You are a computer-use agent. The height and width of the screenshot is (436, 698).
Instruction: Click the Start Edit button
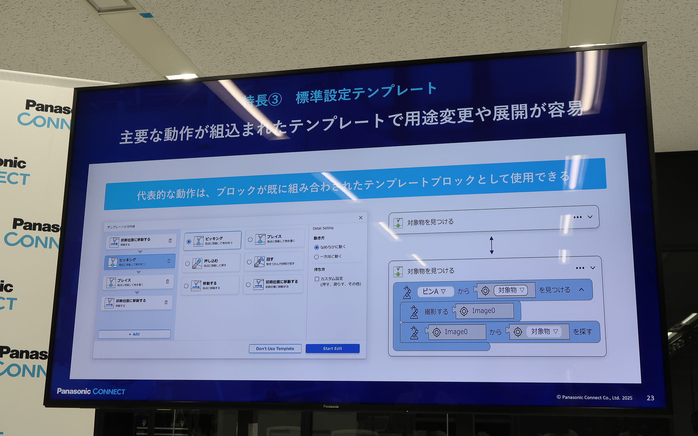click(x=332, y=348)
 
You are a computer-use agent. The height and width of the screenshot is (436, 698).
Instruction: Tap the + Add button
click(x=134, y=334)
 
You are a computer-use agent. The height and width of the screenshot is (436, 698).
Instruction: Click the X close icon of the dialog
click(x=361, y=218)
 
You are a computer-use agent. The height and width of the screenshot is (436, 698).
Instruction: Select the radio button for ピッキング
click(x=189, y=242)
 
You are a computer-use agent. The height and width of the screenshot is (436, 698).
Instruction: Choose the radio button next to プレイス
click(x=250, y=240)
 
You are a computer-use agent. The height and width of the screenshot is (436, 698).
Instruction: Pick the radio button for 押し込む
click(x=188, y=264)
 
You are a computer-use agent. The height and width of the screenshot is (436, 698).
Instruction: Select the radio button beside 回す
click(x=249, y=262)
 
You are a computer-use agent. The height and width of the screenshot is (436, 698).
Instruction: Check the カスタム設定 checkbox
click(x=317, y=279)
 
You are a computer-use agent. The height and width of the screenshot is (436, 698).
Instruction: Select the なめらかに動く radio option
click(x=317, y=247)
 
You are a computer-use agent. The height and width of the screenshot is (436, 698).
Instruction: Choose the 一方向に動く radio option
click(x=316, y=257)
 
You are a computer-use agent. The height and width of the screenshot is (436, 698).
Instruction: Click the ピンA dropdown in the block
click(x=435, y=291)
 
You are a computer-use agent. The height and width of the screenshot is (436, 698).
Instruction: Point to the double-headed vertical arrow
click(x=492, y=245)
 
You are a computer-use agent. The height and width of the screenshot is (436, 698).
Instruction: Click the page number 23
click(x=650, y=398)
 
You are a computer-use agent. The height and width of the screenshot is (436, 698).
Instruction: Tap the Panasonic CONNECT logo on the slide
click(x=91, y=391)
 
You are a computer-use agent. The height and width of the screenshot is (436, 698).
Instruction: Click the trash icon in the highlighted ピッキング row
click(x=169, y=261)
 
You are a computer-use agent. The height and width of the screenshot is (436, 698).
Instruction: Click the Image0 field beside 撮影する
click(x=484, y=311)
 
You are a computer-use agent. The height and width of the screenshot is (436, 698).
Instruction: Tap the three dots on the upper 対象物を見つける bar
click(x=577, y=217)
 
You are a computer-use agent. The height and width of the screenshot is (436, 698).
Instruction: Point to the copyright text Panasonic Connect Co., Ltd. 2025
click(x=594, y=397)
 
